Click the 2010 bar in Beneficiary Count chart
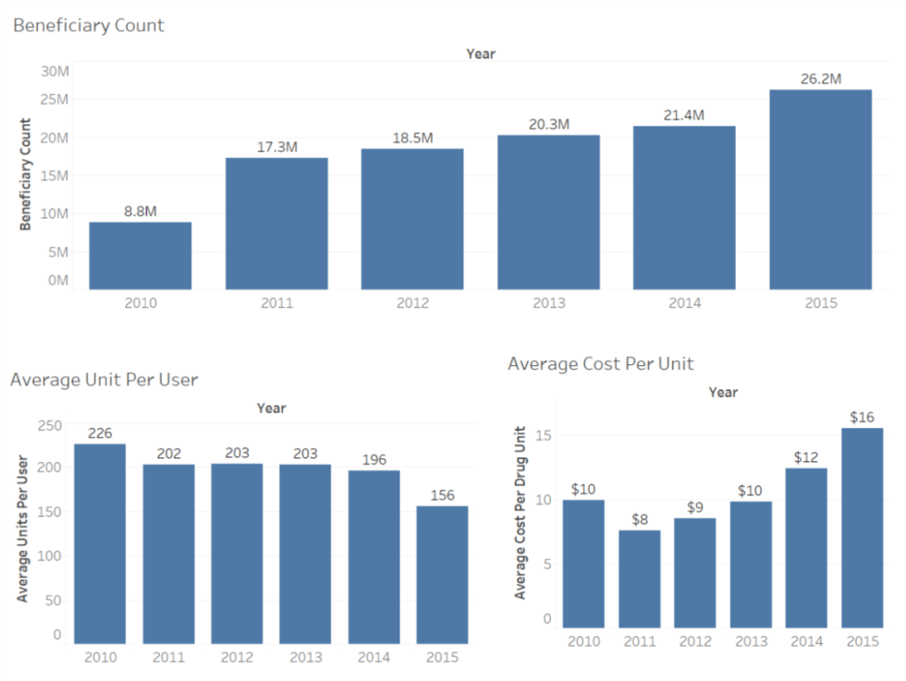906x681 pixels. [x=141, y=256]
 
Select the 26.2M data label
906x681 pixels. [x=820, y=79]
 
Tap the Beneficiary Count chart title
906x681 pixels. [x=89, y=26]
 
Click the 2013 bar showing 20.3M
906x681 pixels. [x=548, y=213]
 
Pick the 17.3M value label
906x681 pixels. [x=276, y=147]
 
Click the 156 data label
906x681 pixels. [x=442, y=495]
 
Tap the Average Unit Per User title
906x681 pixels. [x=104, y=379]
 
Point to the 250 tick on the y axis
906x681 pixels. [x=50, y=424]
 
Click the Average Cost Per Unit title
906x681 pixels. [x=601, y=363]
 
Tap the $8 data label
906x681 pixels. [x=640, y=519]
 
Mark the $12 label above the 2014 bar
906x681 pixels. [x=806, y=457]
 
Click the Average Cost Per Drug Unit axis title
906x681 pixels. [x=520, y=512]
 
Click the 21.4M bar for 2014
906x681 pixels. [x=684, y=208]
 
